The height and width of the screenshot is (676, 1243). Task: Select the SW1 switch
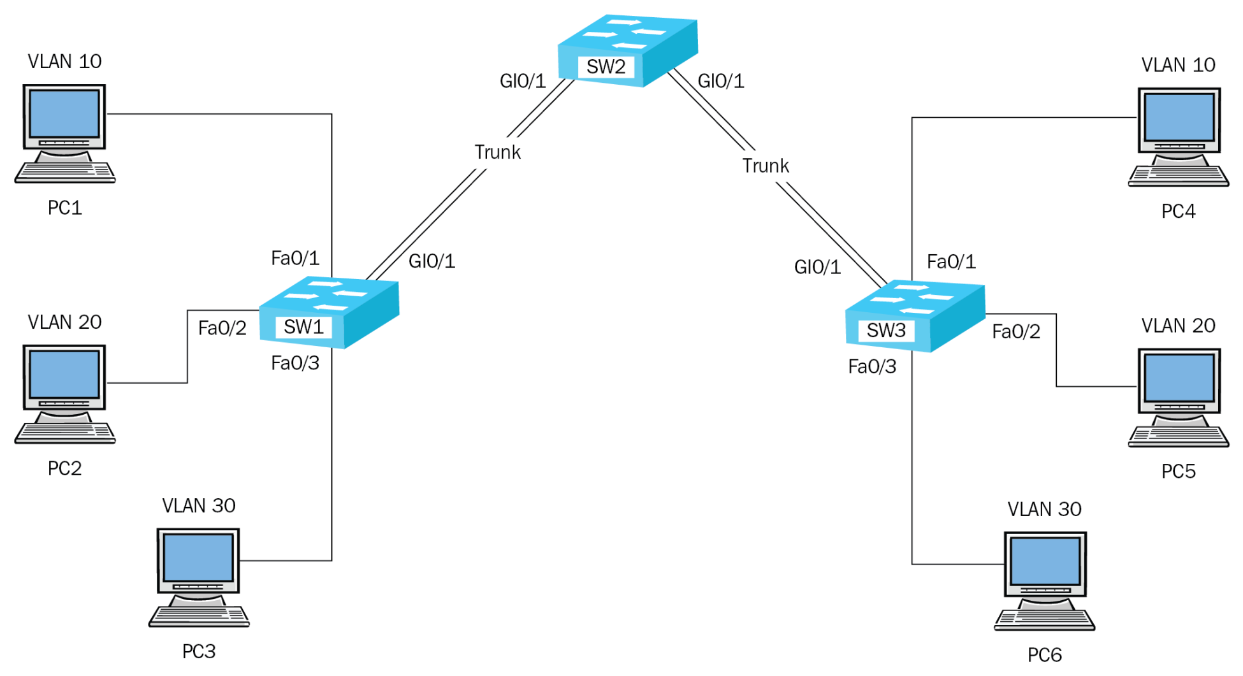pyautogui.click(x=329, y=312)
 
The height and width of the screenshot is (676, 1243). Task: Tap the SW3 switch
pyautogui.click(x=915, y=315)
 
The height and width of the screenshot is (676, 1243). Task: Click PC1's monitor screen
pyautogui.click(x=64, y=113)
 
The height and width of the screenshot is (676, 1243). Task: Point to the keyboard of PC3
pyautogui.click(x=198, y=616)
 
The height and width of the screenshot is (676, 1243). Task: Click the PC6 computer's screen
pyautogui.click(x=1045, y=561)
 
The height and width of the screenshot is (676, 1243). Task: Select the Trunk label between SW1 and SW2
pyautogui.click(x=497, y=152)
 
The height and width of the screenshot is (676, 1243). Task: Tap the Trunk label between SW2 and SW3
pyautogui.click(x=765, y=166)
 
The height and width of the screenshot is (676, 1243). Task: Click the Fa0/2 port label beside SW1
pyautogui.click(x=222, y=328)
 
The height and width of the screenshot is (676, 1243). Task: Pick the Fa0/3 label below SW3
pyautogui.click(x=871, y=367)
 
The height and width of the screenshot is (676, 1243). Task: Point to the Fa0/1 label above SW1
pyautogui.click(x=294, y=258)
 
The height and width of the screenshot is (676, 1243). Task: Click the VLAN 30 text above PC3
pyautogui.click(x=198, y=506)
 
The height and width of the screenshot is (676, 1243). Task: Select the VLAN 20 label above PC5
pyautogui.click(x=1177, y=326)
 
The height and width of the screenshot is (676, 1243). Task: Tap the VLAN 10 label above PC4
pyautogui.click(x=1177, y=65)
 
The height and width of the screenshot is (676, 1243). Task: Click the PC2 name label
pyautogui.click(x=64, y=468)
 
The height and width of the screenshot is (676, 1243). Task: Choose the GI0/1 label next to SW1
pyautogui.click(x=432, y=261)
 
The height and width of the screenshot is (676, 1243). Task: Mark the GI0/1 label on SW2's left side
pyautogui.click(x=522, y=81)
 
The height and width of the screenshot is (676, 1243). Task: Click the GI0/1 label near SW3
pyautogui.click(x=817, y=267)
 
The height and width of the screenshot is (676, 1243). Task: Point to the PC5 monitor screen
pyautogui.click(x=1179, y=378)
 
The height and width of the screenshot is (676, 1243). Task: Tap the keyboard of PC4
pyautogui.click(x=1178, y=176)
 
